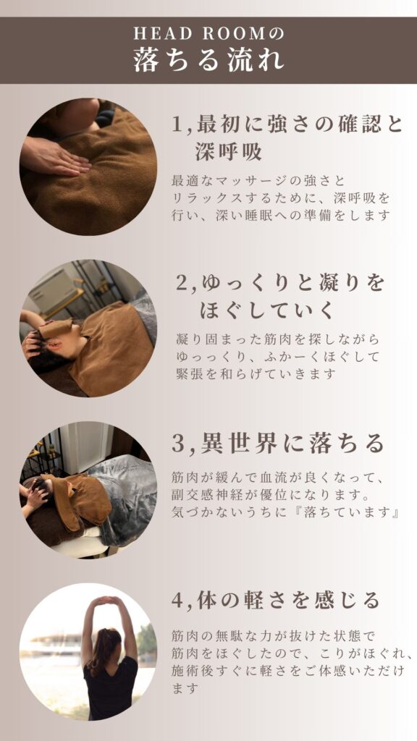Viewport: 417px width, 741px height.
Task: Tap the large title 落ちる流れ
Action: pyautogui.click(x=208, y=61)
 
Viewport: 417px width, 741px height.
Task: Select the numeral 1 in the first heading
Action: pyautogui.click(x=177, y=124)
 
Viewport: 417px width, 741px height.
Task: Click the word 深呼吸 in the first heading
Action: pyautogui.click(x=229, y=152)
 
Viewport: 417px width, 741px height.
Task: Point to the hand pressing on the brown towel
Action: pyautogui.click(x=56, y=157)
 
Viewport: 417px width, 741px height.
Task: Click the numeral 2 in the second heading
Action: pyautogui.click(x=182, y=284)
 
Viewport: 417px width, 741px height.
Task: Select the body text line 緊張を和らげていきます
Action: pyautogui.click(x=256, y=374)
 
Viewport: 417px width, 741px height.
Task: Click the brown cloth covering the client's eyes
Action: pyautogui.click(x=56, y=328)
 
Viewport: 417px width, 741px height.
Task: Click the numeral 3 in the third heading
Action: pyautogui.click(x=178, y=445)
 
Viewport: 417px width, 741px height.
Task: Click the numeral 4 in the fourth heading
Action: pyautogui.click(x=178, y=601)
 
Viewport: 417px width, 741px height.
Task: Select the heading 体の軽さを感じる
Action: pyautogui.click(x=290, y=601)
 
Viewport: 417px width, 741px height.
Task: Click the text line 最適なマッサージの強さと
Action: pyautogui.click(x=258, y=181)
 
